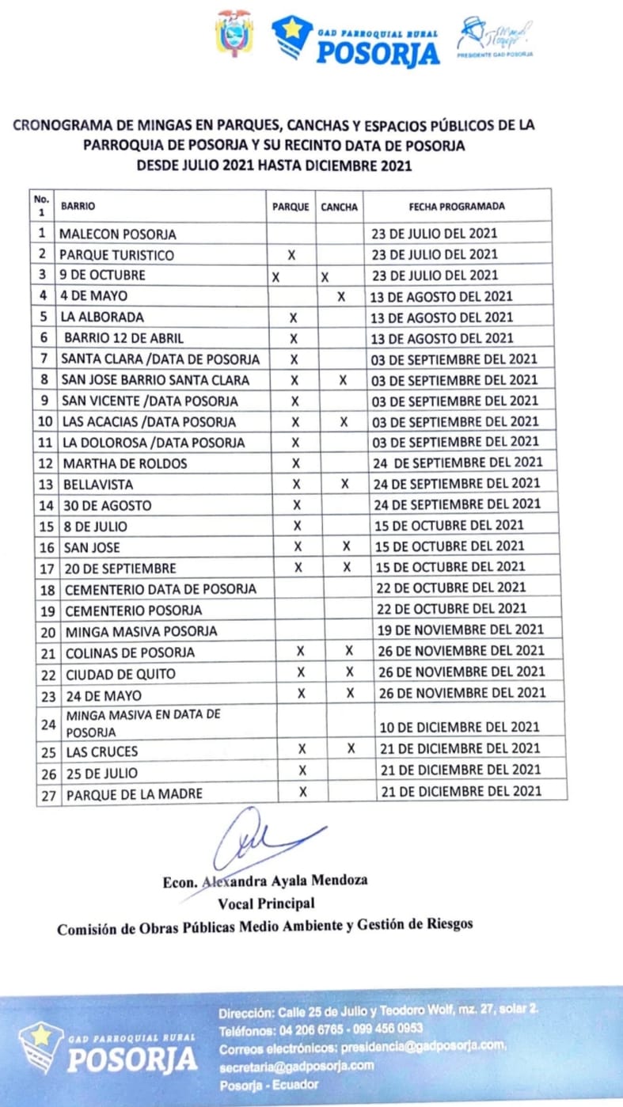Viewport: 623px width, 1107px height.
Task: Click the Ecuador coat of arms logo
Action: pos(234,33)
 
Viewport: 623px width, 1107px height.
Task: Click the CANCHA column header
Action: pos(340,207)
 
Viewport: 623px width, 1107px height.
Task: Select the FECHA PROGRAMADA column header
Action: pos(457,206)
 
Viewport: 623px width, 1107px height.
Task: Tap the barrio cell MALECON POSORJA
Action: pos(118,234)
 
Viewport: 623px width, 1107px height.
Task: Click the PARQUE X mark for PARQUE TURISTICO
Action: pos(291,255)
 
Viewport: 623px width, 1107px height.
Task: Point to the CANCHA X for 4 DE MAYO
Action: pos(341,296)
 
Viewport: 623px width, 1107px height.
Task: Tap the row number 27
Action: pos(47,794)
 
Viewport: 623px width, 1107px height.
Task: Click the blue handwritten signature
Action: pos(261,841)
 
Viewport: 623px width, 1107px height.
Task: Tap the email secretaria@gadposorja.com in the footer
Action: pos(295,1065)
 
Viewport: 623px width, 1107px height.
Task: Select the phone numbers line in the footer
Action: pos(321,1029)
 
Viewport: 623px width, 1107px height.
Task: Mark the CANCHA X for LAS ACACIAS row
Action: pos(344,422)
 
